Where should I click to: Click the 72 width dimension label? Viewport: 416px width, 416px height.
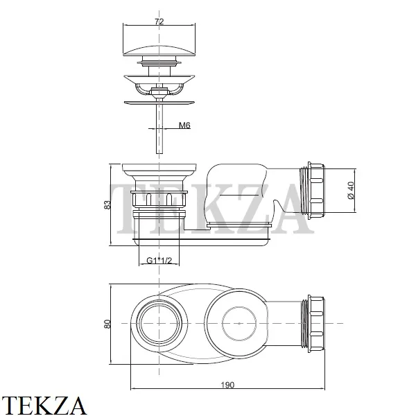click(159, 21)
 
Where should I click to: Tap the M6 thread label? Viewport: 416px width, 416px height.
click(184, 125)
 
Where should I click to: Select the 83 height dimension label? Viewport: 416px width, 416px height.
click(107, 205)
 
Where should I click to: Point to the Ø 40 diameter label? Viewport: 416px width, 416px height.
click(350, 190)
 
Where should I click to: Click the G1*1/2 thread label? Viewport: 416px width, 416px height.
click(159, 261)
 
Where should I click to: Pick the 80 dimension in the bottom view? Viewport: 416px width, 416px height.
click(107, 324)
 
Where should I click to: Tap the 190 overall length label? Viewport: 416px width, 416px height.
click(227, 385)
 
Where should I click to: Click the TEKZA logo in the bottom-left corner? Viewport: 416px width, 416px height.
click(43, 406)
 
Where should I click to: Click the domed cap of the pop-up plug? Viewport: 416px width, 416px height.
click(159, 51)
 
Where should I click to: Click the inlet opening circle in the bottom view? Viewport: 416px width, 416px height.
click(159, 324)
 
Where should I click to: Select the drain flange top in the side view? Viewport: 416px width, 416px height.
click(159, 168)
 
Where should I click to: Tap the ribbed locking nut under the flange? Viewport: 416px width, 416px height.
click(159, 199)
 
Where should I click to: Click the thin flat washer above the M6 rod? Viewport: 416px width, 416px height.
click(159, 103)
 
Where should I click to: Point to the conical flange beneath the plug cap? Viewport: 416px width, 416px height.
click(159, 79)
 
